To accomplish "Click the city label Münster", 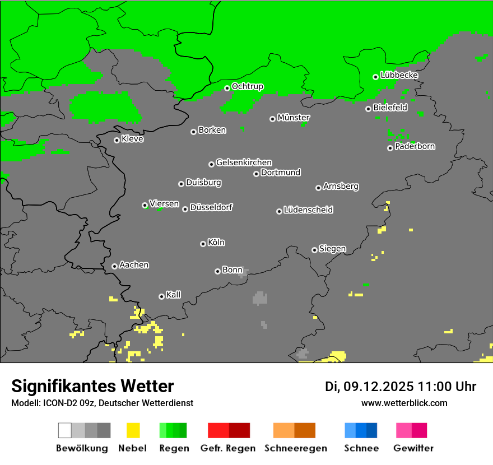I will [294, 118].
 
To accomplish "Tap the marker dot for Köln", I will [203, 244].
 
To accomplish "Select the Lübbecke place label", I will [399, 75].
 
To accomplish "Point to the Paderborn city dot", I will [390, 148].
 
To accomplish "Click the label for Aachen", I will [134, 265].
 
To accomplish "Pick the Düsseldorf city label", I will [211, 207].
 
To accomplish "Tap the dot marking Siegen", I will [314, 250].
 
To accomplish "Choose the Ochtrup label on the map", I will [248, 86].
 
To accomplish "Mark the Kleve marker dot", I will [117, 140].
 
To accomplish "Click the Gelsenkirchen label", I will [244, 162].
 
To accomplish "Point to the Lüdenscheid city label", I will [308, 210].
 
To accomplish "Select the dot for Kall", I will [161, 296].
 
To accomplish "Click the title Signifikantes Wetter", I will [92, 386].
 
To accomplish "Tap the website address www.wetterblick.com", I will [404, 403].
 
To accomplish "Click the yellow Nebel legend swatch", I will [133, 430].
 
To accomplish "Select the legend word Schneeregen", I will [296, 448].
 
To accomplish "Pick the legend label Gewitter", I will [413, 448].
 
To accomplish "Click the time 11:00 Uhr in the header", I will [447, 387].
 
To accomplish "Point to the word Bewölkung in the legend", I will [82, 448].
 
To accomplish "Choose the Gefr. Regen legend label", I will [228, 448].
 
